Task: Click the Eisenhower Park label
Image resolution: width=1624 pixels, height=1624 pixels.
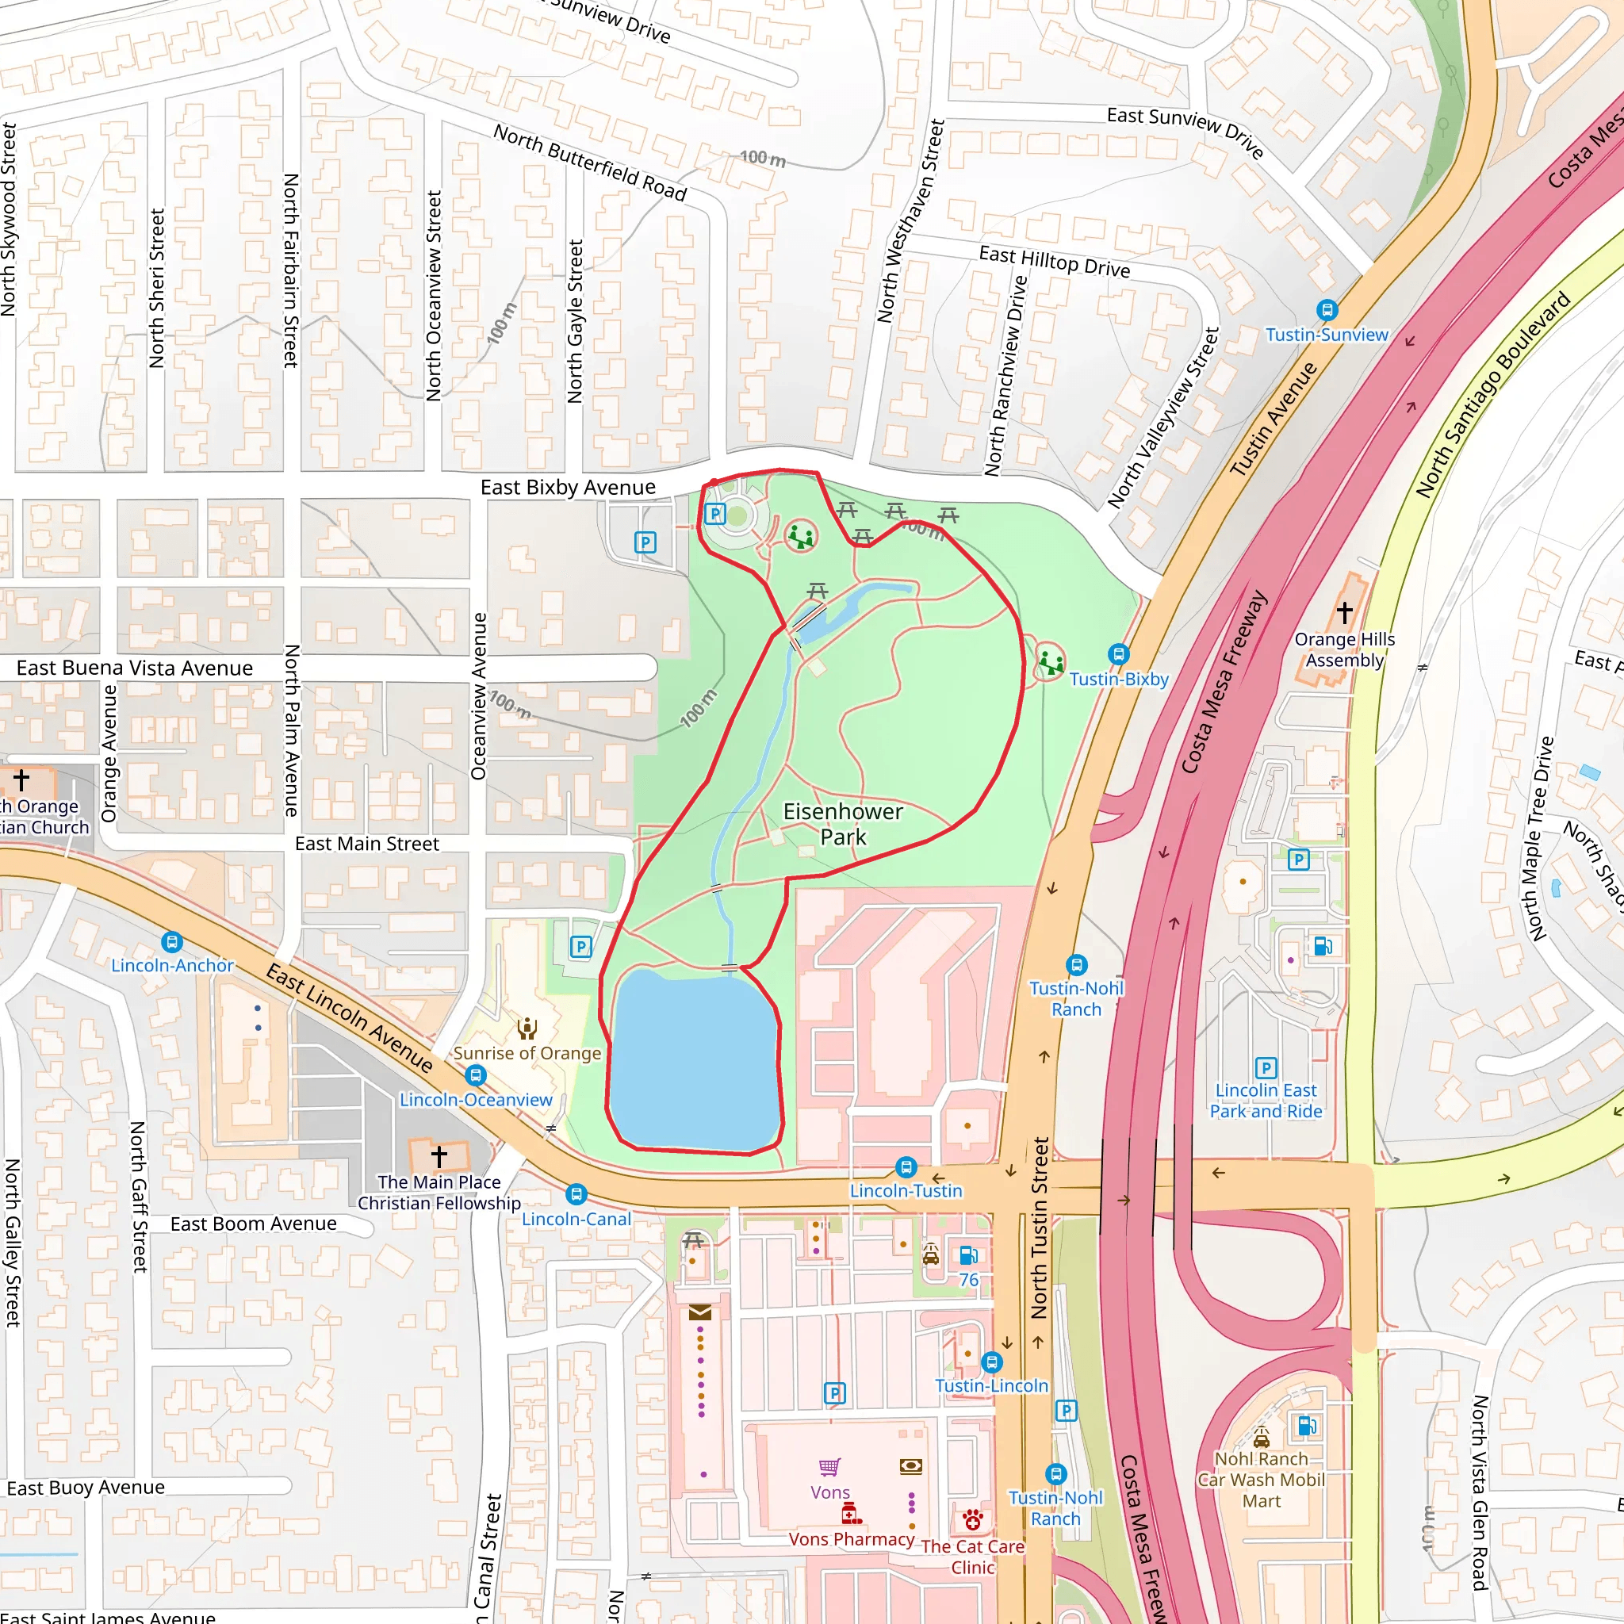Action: point(842,824)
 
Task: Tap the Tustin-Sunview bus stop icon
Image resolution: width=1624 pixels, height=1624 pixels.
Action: point(1327,310)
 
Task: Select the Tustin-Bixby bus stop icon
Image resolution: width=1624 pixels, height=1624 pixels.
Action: point(1118,654)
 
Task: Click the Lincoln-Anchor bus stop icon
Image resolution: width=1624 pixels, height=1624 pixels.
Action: point(172,942)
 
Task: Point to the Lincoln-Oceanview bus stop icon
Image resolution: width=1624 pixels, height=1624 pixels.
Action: point(476,1075)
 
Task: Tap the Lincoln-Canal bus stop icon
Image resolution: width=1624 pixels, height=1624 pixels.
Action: point(576,1194)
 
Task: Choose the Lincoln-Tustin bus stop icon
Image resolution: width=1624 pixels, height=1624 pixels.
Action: point(906,1166)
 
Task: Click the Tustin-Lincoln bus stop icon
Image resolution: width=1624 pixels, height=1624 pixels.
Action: point(992,1362)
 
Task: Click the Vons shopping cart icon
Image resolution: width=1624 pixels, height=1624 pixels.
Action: point(829,1467)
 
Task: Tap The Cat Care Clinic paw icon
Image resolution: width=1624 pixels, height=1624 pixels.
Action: point(972,1520)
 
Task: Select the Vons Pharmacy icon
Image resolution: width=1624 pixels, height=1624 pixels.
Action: point(851,1514)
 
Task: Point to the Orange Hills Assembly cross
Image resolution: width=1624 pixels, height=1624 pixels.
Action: point(1344,612)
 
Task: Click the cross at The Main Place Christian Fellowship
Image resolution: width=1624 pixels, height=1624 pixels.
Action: point(439,1156)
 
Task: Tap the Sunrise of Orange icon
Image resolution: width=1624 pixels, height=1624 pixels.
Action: point(527,1028)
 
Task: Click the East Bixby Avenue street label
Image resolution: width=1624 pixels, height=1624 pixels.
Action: point(568,488)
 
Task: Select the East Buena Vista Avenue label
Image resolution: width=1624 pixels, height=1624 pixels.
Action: point(135,668)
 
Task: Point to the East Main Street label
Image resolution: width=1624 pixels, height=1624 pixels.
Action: point(366,844)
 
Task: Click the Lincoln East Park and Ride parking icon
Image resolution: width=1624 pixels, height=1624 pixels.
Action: point(1266,1067)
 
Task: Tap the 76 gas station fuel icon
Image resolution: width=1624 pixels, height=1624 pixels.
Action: point(968,1256)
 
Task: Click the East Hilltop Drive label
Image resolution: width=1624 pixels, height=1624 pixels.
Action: point(1054,262)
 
